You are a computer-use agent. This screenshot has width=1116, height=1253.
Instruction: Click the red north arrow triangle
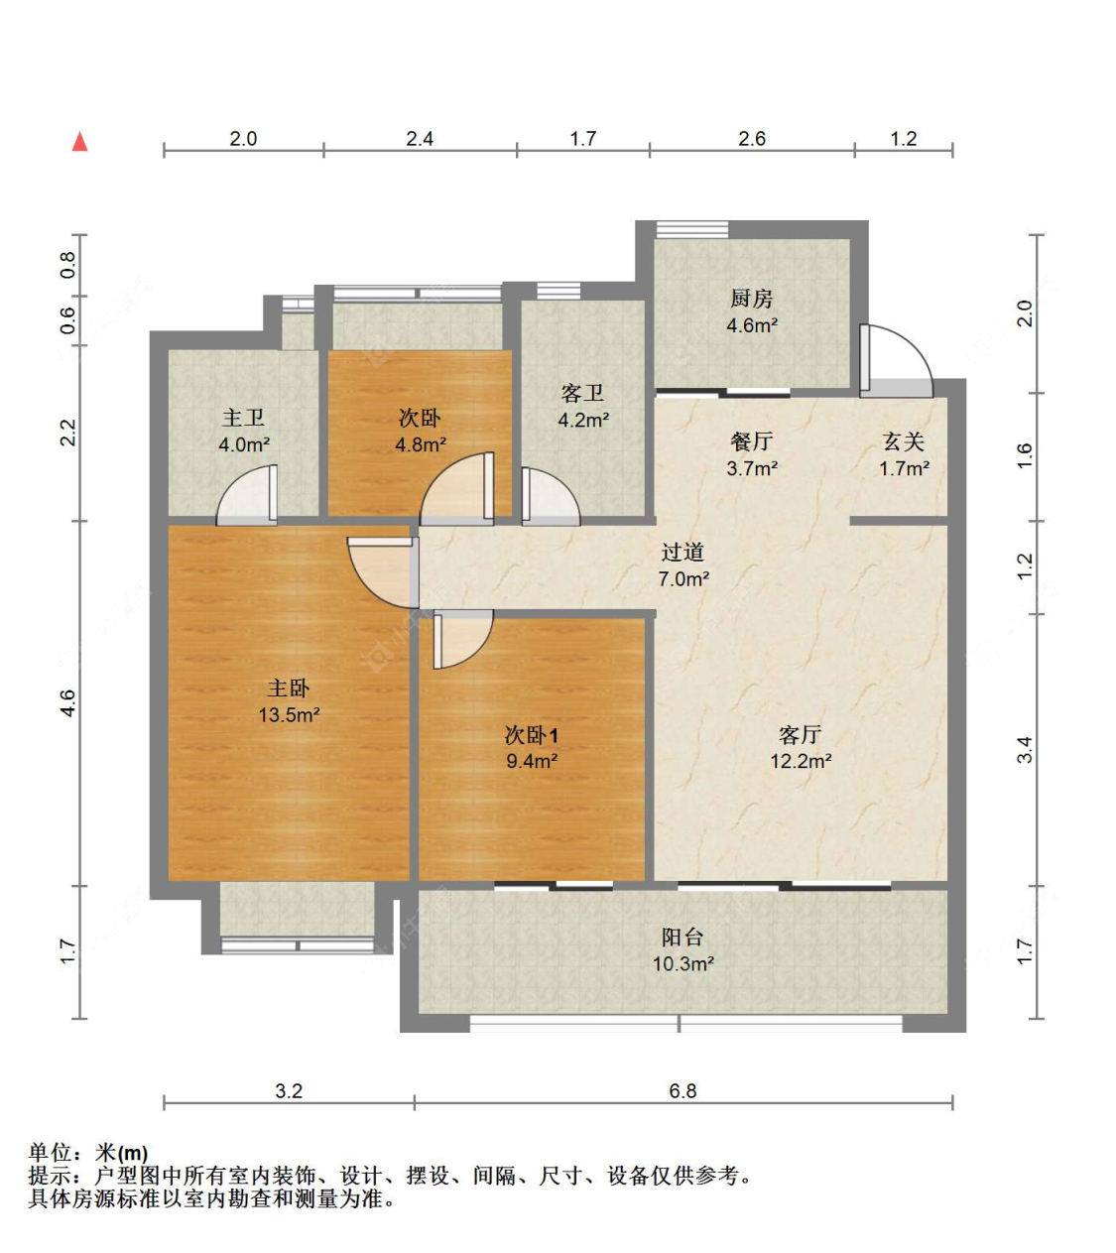tap(80, 142)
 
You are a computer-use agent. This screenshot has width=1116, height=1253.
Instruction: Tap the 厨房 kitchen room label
tap(751, 299)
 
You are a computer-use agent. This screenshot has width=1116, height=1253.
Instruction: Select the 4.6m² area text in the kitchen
tap(751, 325)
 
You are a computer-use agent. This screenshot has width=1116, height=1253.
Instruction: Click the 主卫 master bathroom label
tap(243, 419)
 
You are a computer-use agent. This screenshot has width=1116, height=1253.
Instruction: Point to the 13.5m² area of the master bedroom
tap(289, 714)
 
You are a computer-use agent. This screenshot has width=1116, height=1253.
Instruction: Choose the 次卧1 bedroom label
tap(531, 735)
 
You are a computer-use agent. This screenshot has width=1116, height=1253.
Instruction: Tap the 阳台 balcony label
tap(682, 937)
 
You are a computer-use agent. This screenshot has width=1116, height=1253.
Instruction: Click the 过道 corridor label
tap(682, 553)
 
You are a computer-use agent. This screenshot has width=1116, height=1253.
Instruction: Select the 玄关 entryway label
tap(904, 441)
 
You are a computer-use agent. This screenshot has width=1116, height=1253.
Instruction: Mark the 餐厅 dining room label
tap(751, 441)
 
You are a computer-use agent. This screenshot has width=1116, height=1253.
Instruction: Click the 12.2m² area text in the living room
tap(800, 761)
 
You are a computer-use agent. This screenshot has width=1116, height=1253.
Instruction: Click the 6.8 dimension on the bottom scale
tap(682, 1091)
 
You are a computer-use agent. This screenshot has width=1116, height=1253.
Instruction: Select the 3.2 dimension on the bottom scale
tap(289, 1091)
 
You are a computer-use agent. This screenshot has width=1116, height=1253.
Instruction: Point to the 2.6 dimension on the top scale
tap(752, 139)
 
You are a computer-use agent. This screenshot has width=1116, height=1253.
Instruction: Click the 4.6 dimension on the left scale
tap(66, 703)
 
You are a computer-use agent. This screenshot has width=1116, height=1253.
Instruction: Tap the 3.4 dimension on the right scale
tap(1025, 750)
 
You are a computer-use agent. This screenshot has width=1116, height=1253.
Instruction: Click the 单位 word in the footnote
tap(51, 1153)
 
